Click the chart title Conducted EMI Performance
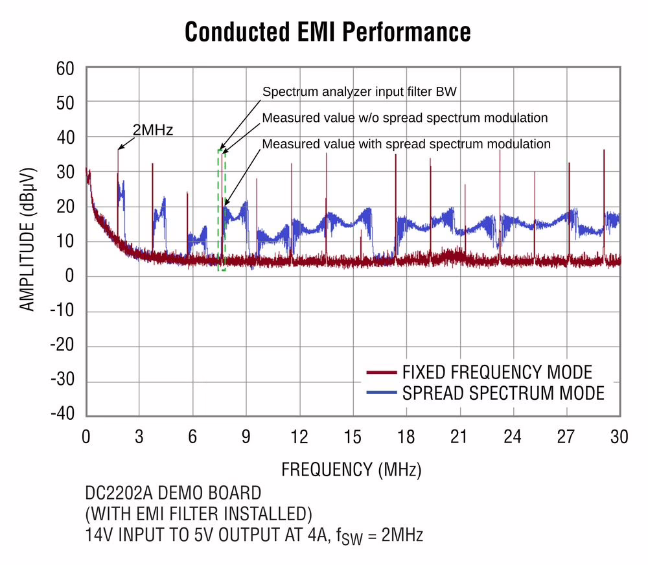click(x=327, y=31)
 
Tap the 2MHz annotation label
click(x=153, y=130)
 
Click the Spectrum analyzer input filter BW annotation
click(x=360, y=92)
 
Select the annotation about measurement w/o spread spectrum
click(x=405, y=118)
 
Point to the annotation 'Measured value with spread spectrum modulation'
click(x=406, y=144)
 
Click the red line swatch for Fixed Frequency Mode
click(x=381, y=373)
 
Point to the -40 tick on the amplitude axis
click(x=64, y=415)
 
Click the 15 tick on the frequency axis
click(x=353, y=437)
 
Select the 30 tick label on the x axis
click(x=619, y=437)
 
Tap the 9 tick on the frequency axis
click(x=246, y=437)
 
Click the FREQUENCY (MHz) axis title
click(x=351, y=468)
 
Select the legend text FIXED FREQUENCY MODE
click(x=497, y=373)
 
